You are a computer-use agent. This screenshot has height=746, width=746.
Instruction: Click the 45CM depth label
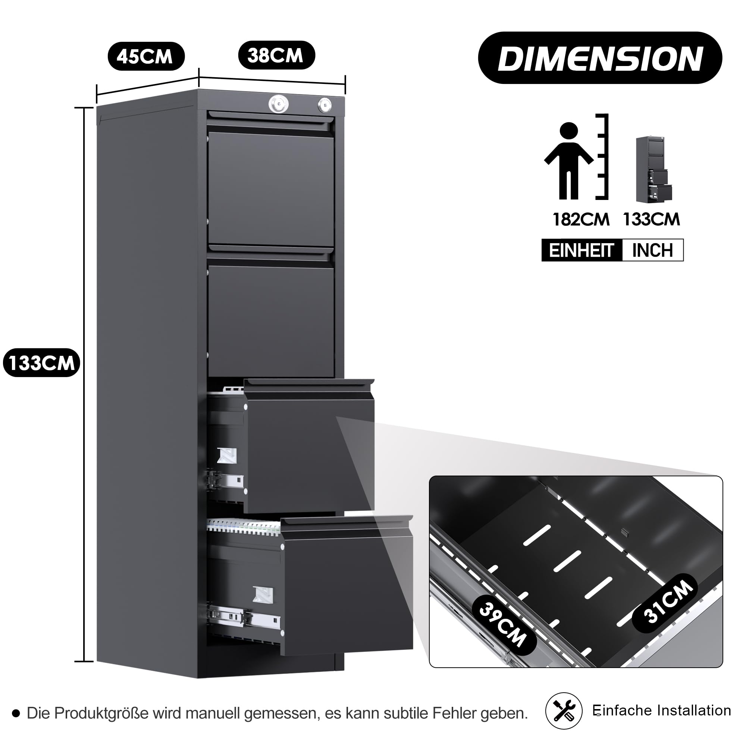(146, 56)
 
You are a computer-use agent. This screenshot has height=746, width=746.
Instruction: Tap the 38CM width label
(276, 55)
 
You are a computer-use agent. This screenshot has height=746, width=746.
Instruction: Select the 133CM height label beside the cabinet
(41, 363)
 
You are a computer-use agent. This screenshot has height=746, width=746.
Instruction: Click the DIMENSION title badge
(600, 58)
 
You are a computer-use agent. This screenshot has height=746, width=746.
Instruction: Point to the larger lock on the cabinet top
(279, 103)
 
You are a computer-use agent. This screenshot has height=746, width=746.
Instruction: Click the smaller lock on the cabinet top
(325, 105)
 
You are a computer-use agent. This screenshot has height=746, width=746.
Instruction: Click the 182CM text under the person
(581, 219)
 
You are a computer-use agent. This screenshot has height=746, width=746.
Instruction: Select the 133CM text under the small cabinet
(651, 219)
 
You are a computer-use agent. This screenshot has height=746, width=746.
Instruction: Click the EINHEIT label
(582, 251)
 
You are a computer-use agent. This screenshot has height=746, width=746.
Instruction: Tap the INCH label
(652, 250)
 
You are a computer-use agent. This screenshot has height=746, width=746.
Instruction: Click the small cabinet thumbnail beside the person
(654, 169)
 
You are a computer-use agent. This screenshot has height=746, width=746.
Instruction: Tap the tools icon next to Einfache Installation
(564, 711)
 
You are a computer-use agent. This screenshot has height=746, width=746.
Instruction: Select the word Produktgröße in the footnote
(101, 714)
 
